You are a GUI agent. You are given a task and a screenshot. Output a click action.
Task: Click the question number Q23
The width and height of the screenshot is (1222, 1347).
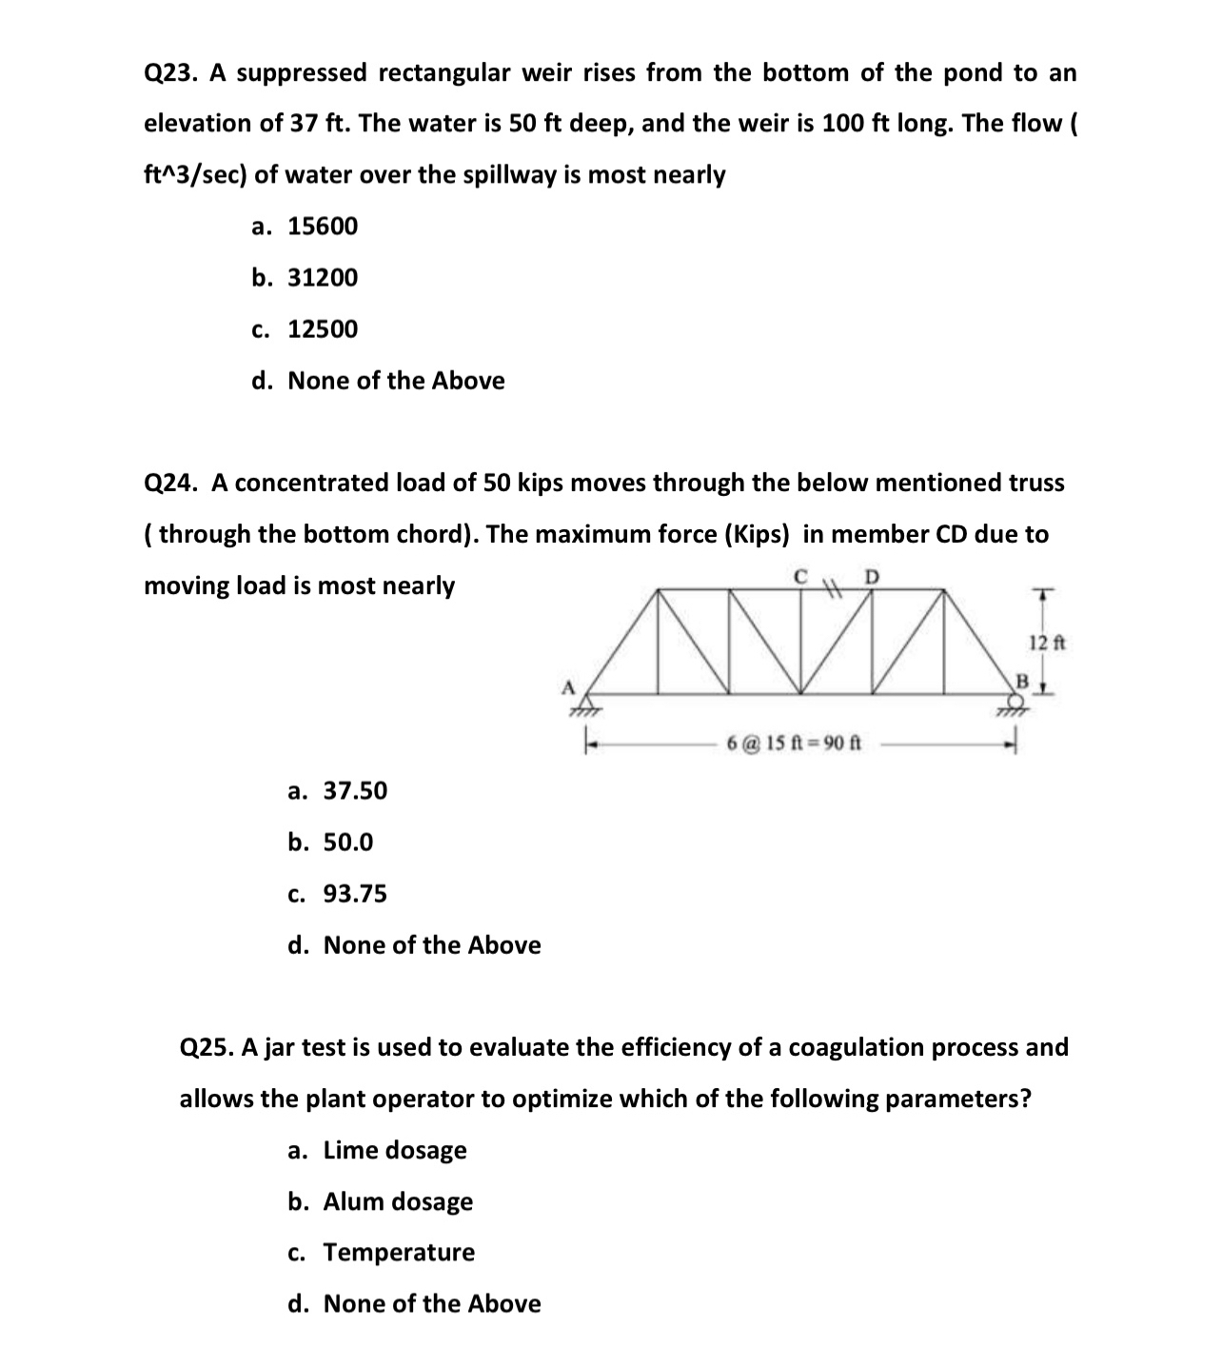(x=169, y=73)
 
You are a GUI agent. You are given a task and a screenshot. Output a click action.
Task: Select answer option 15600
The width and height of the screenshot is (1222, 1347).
(x=323, y=227)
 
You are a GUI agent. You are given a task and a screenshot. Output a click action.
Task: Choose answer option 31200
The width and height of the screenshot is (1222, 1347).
(x=323, y=278)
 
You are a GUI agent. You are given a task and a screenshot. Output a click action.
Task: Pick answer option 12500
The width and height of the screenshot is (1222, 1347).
(x=323, y=329)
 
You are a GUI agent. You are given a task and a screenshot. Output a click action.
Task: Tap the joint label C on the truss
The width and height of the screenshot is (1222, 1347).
(x=801, y=575)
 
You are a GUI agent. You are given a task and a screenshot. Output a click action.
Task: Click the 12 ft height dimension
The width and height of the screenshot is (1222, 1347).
(x=1047, y=643)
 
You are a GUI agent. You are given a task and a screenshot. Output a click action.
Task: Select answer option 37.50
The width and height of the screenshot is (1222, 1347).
(x=355, y=791)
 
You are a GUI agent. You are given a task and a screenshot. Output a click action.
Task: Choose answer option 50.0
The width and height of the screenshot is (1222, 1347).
(x=348, y=842)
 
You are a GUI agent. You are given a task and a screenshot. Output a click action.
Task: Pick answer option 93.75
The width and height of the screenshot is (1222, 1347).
(x=355, y=894)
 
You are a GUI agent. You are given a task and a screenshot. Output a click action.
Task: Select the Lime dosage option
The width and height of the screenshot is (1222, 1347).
(x=395, y=1150)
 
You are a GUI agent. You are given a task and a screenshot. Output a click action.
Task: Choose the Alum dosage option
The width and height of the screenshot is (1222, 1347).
(x=398, y=1201)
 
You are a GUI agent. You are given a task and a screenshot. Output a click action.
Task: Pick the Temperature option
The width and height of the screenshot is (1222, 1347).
(x=399, y=1253)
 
